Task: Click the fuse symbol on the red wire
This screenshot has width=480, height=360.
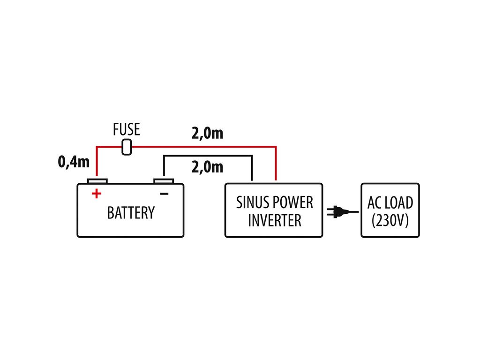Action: tap(127, 147)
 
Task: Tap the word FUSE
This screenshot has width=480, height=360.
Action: tap(127, 129)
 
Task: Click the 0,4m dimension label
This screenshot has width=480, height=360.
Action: tap(74, 161)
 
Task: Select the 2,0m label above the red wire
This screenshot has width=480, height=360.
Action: tap(207, 133)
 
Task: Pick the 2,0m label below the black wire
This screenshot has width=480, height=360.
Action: tap(207, 167)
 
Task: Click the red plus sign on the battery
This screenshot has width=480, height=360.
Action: tap(97, 194)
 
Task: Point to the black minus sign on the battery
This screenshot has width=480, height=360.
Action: tap(165, 194)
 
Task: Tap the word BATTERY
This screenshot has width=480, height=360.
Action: tap(131, 213)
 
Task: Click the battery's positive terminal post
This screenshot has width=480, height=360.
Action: tap(97, 181)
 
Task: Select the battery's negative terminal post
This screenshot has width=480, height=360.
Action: tap(164, 181)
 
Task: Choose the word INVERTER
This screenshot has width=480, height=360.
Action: tap(275, 220)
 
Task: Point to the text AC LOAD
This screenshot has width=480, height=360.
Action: tap(390, 202)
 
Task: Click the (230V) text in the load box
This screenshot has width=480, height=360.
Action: tap(390, 220)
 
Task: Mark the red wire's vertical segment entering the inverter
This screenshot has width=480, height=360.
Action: tap(276, 164)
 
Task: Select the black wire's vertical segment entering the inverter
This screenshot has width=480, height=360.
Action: tap(252, 168)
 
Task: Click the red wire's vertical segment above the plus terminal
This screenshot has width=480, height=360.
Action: tap(97, 162)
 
